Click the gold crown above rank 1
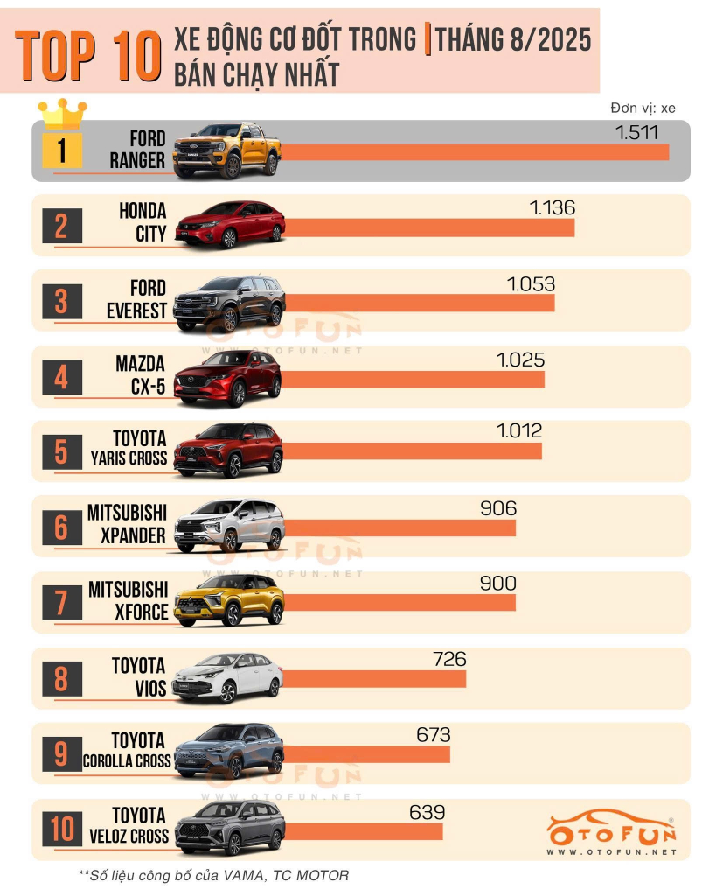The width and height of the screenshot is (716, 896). (62, 114)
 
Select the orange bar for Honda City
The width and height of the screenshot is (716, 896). (428, 227)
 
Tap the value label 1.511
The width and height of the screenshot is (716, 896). (636, 133)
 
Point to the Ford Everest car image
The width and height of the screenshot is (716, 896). (229, 303)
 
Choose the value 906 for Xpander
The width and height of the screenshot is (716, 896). (498, 508)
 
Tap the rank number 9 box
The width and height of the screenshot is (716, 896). (61, 753)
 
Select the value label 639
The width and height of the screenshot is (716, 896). (428, 813)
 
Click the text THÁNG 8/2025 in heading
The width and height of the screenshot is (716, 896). (512, 39)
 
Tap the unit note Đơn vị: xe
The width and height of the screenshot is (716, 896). (643, 108)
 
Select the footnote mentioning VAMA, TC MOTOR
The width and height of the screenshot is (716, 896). (213, 875)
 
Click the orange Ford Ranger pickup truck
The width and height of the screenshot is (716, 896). (227, 151)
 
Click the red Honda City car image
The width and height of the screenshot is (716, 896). (230, 226)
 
